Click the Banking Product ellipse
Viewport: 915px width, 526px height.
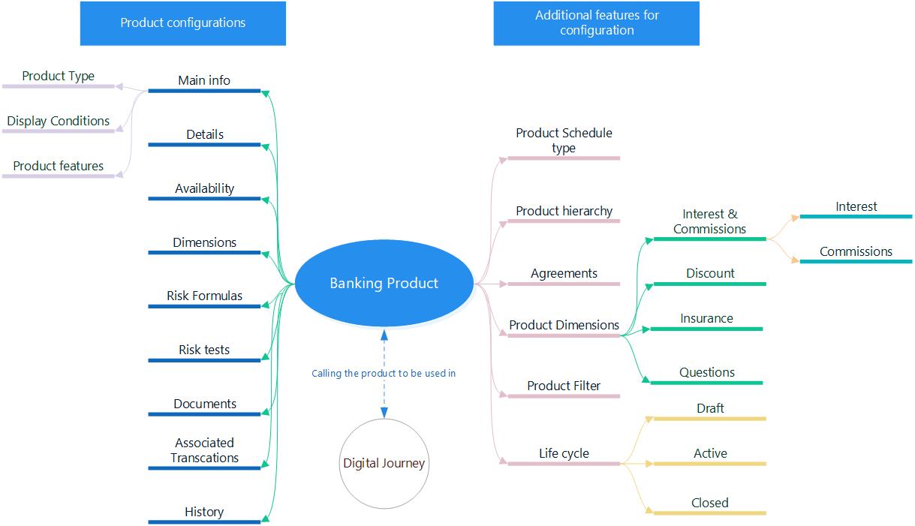[x=384, y=284]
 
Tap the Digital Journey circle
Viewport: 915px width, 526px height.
[x=384, y=463]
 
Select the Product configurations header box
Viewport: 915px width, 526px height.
[x=183, y=23]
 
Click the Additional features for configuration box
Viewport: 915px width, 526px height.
[x=596, y=23]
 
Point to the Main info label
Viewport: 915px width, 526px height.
[x=204, y=80]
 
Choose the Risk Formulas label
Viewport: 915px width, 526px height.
[x=204, y=296]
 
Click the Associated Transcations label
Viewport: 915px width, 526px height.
[x=204, y=450]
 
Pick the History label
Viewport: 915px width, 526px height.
[x=204, y=512]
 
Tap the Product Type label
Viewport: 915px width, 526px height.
[x=59, y=76]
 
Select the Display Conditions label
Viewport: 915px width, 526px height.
[x=59, y=121]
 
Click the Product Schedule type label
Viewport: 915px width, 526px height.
[x=564, y=140]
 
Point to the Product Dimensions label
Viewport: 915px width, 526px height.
[x=564, y=325]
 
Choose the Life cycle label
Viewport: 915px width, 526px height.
[x=564, y=453]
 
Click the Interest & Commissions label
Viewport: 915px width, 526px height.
[x=709, y=221]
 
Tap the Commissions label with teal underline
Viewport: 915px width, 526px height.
[x=856, y=251]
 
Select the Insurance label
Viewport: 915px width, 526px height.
[x=706, y=318]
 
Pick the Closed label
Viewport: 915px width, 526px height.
[x=709, y=503]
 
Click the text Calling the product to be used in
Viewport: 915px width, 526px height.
[x=384, y=373]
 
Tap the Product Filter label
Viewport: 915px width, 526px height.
[x=564, y=386]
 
